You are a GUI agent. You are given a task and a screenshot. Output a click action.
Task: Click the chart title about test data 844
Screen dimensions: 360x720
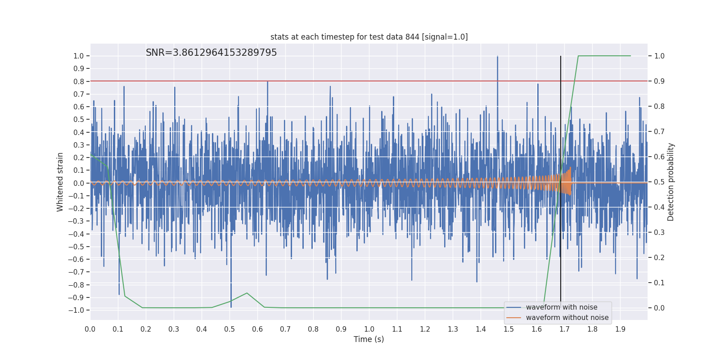369,37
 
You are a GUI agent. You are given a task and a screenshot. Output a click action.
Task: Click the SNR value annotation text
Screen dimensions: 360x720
211,53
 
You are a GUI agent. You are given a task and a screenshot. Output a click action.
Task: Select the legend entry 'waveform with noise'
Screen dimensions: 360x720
562,307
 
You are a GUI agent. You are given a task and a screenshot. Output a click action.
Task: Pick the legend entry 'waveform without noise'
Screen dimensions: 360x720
567,318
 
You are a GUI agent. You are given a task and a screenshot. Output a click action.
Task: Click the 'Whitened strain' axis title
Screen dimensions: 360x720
60,182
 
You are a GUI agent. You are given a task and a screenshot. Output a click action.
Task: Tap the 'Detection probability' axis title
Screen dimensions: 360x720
671,182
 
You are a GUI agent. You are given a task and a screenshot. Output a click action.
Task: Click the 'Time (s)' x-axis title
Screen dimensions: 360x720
369,339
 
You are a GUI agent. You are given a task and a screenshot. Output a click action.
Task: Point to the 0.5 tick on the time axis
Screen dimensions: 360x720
229,329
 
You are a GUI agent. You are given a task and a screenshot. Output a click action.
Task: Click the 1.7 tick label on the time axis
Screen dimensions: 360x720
564,329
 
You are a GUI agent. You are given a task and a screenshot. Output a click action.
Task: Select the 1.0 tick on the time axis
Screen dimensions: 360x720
369,329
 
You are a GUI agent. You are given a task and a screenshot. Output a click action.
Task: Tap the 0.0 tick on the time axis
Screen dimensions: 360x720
90,329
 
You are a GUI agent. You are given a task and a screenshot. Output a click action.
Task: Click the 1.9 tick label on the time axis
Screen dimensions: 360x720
620,329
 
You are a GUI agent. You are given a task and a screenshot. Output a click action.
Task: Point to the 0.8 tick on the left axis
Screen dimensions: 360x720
79,81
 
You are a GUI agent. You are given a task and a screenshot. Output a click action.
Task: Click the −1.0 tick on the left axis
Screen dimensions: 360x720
76,310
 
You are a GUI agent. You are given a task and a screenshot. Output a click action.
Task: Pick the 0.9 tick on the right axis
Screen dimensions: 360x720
659,81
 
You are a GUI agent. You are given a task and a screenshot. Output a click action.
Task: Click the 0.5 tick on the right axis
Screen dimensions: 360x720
659,182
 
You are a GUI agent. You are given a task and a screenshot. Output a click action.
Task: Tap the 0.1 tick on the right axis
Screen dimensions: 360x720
659,283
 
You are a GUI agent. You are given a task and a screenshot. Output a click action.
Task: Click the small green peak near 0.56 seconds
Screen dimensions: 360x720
247,293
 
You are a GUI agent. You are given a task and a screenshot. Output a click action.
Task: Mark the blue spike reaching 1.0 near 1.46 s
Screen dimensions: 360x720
497,57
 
